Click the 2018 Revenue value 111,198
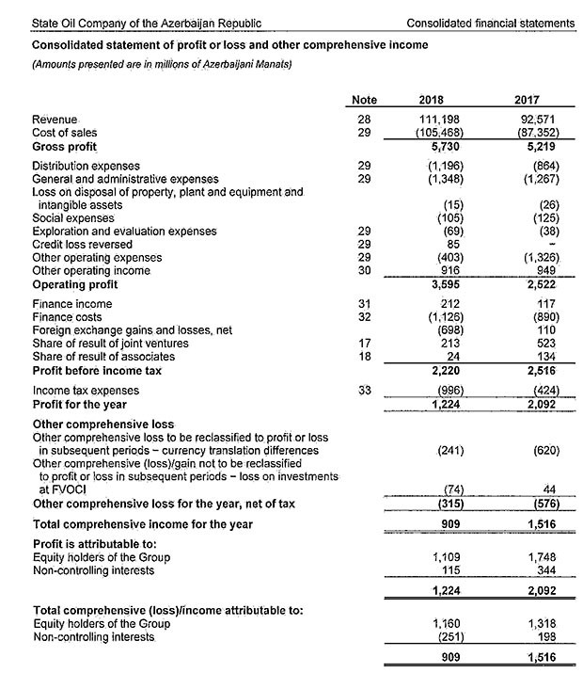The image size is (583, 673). [x=438, y=120]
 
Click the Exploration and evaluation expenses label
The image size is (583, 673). [x=124, y=231]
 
